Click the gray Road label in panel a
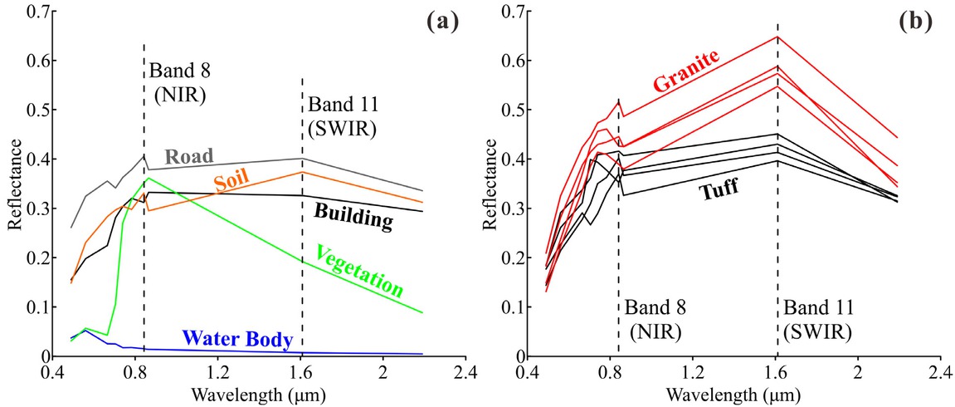[188, 157]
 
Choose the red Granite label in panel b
[685, 71]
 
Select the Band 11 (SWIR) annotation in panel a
[342, 117]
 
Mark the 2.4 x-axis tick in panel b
[939, 370]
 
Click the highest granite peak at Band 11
[777, 37]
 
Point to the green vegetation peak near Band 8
[148, 179]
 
